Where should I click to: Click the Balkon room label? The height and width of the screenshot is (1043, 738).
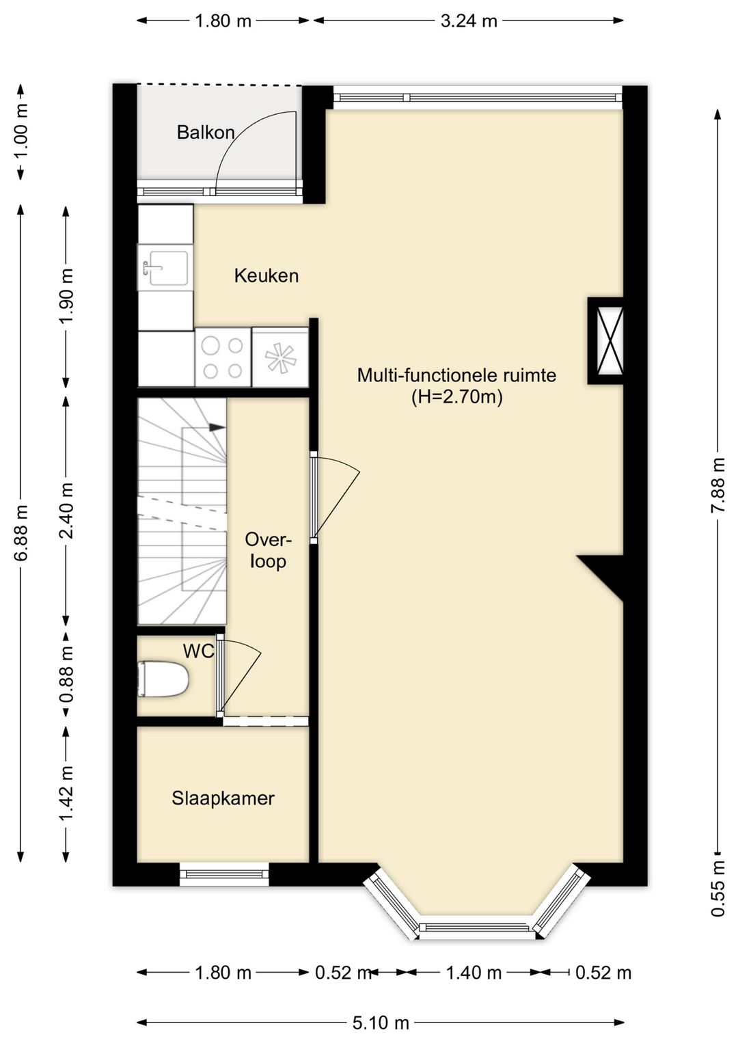[x=206, y=133]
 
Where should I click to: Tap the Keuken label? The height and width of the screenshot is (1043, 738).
[x=266, y=275]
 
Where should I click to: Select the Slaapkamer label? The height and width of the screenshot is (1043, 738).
[x=223, y=798]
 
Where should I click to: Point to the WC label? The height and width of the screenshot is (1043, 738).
[x=198, y=651]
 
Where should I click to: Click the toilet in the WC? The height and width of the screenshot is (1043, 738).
[x=163, y=679]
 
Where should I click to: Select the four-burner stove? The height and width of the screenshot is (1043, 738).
[x=223, y=358]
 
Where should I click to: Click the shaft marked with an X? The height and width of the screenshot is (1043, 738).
[x=605, y=340]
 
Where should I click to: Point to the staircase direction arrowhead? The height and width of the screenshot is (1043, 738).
[x=217, y=427]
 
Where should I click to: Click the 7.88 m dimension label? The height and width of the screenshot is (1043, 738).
[x=718, y=486]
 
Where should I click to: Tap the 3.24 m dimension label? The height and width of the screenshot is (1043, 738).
[x=469, y=21]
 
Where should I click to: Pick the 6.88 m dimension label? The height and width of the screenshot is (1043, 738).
[x=21, y=532]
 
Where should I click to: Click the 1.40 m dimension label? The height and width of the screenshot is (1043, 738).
[x=474, y=972]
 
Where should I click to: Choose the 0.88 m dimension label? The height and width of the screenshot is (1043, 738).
[x=66, y=674]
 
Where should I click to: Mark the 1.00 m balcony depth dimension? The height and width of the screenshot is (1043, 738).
[x=21, y=131]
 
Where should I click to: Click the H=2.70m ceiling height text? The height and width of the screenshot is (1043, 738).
[x=456, y=397]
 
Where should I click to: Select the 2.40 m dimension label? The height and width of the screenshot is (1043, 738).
[x=66, y=511]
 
